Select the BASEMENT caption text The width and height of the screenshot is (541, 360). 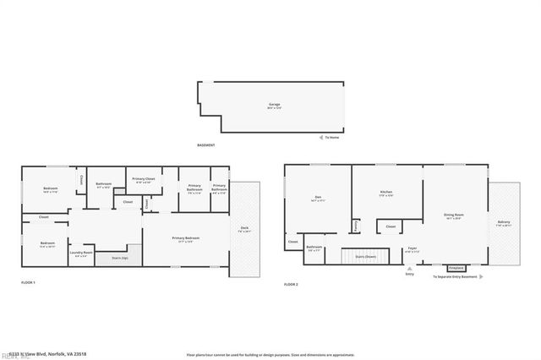[205, 145]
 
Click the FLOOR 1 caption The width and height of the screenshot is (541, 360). [29, 281]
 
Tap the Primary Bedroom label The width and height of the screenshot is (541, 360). [186, 240]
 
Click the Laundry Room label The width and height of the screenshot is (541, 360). [82, 254]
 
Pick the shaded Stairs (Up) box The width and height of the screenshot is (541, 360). [119, 258]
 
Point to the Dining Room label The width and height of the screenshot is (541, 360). [454, 216]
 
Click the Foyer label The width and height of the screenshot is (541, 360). [412, 249]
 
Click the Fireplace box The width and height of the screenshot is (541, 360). [455, 268]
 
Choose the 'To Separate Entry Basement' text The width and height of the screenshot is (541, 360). [455, 276]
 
